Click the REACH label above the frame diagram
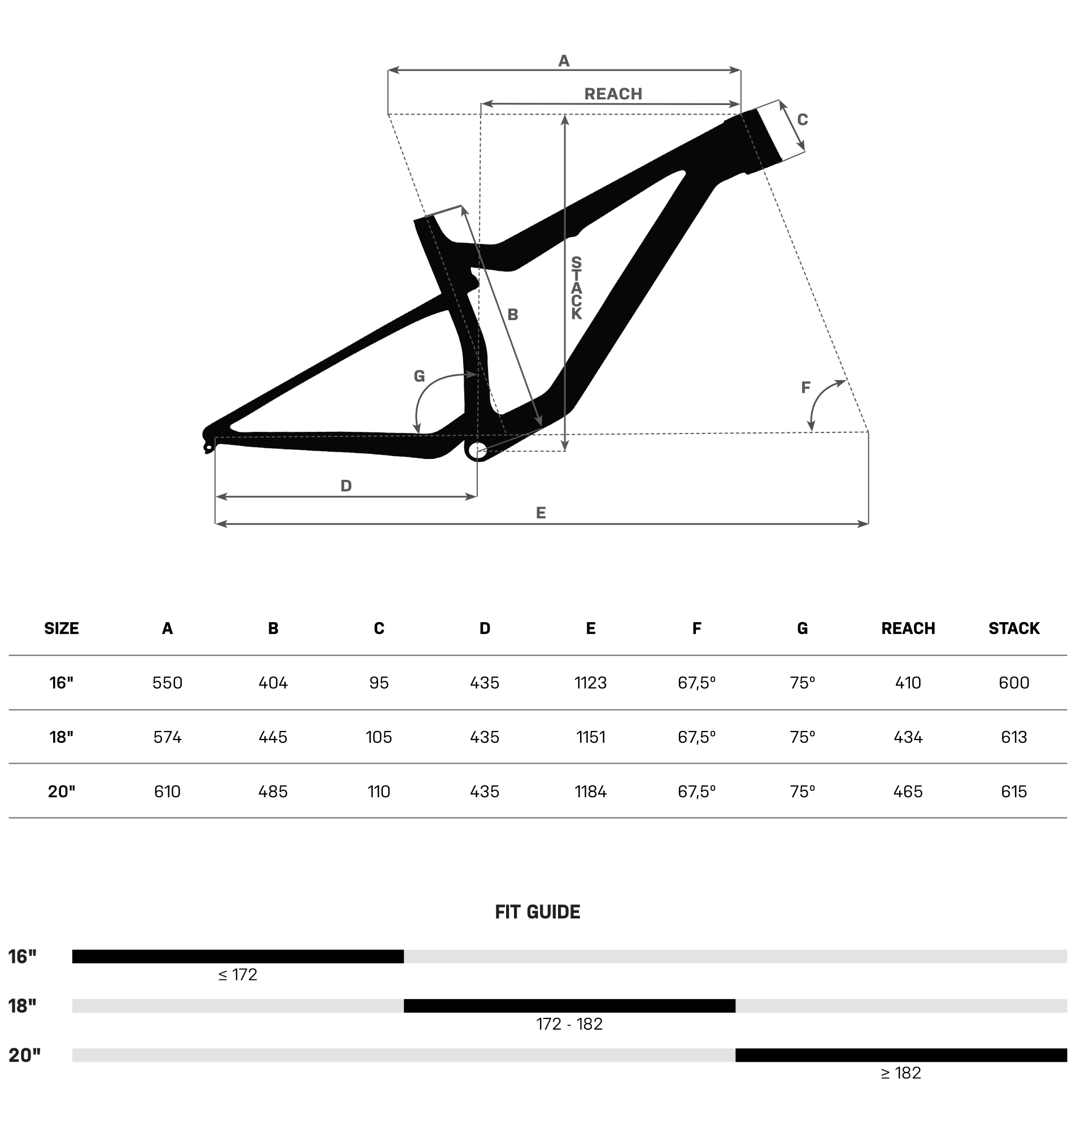click(613, 94)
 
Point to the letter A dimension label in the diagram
click(564, 61)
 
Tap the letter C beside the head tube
click(803, 120)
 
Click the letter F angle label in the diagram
click(805, 388)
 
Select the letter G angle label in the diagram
click(419, 377)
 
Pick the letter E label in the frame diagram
click(541, 513)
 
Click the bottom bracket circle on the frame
click(477, 450)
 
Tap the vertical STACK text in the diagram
click(576, 288)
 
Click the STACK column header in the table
click(1014, 628)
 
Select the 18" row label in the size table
click(62, 737)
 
